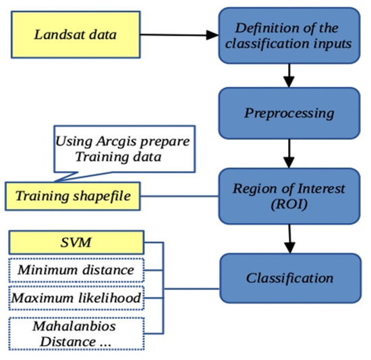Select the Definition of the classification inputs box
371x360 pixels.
point(289,35)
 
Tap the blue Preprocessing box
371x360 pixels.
point(289,112)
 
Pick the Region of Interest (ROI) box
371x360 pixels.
point(289,196)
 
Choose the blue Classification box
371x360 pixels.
point(289,277)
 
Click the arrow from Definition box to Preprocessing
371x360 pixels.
point(289,73)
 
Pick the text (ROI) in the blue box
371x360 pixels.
point(289,204)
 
